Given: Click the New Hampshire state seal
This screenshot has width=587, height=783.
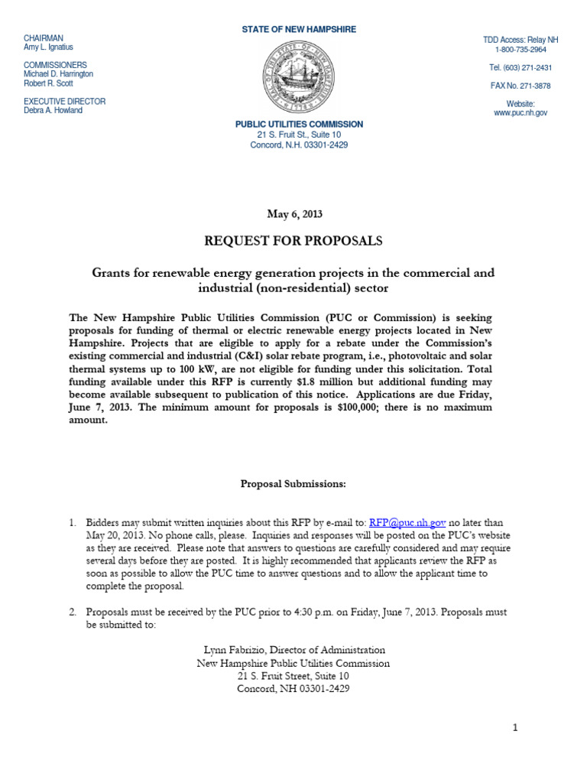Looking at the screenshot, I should [299, 76].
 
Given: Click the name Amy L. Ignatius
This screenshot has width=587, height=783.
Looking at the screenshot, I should [50, 47].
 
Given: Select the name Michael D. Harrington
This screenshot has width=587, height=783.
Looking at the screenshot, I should [59, 74].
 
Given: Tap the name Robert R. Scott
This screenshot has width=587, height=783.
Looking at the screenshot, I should [48, 83].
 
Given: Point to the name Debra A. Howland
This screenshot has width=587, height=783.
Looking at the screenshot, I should [53, 110].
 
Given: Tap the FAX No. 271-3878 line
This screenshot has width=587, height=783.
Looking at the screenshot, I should [521, 86].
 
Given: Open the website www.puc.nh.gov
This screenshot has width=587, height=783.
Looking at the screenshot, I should [521, 112].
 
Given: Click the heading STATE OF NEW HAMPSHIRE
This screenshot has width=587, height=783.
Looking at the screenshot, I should [299, 29].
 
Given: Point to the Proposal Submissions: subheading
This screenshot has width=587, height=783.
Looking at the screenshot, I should [293, 484].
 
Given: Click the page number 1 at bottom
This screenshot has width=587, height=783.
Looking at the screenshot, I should [515, 728].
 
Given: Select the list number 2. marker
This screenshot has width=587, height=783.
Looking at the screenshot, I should [73, 612].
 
